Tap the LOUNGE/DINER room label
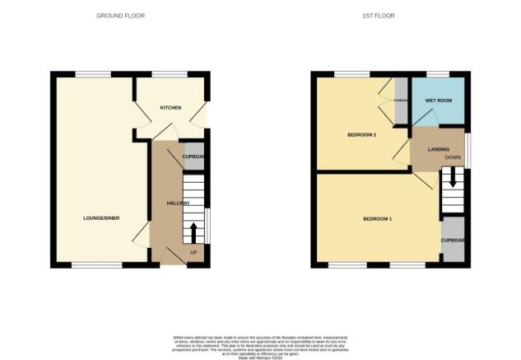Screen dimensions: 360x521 pyautogui.click(x=101, y=217)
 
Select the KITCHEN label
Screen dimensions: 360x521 pyautogui.click(x=170, y=107)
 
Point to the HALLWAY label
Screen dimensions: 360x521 pyautogui.click(x=179, y=203)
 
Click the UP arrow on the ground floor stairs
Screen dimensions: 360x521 pyautogui.click(x=194, y=232)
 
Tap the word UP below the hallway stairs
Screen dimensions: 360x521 pyautogui.click(x=194, y=252)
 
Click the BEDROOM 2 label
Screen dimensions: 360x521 pyautogui.click(x=361, y=135)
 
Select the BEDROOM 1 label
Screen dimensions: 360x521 pyautogui.click(x=379, y=219)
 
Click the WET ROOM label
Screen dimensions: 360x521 pyautogui.click(x=436, y=101)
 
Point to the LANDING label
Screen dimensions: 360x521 pyautogui.click(x=439, y=149)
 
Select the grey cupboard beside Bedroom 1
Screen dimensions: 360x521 pyautogui.click(x=454, y=241)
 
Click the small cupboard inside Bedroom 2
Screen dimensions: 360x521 pyautogui.click(x=401, y=101)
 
